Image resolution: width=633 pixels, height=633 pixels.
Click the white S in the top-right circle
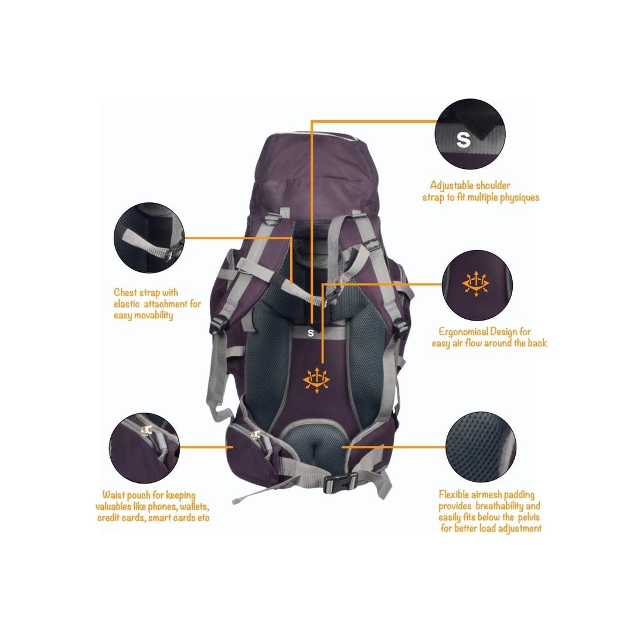(463, 139)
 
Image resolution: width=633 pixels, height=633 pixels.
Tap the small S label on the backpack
(311, 333)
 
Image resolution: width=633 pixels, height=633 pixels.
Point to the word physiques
(519, 198)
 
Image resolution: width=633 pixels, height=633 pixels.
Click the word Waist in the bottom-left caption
(113, 495)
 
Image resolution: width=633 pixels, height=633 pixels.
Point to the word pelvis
(529, 517)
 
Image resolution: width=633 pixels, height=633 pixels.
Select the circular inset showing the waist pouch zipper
(145, 448)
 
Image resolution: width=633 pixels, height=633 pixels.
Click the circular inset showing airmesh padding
(481, 447)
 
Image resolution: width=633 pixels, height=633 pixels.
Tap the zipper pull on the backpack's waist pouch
(255, 435)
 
